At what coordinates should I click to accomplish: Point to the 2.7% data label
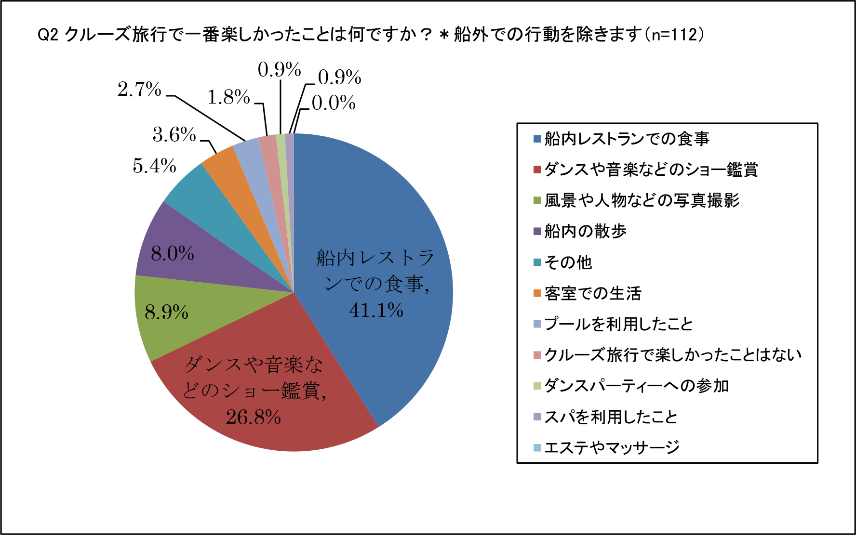pyautogui.click(x=139, y=90)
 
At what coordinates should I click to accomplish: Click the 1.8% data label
pyautogui.click(x=228, y=97)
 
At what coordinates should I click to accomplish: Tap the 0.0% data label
pyautogui.click(x=334, y=103)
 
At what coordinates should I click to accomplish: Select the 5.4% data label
pyautogui.click(x=154, y=166)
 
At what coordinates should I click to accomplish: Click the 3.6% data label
pyautogui.click(x=174, y=135)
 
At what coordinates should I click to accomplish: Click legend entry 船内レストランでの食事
pyautogui.click(x=627, y=139)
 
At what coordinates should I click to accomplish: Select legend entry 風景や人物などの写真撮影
pyautogui.click(x=642, y=200)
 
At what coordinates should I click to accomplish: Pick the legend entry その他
pyautogui.click(x=568, y=262)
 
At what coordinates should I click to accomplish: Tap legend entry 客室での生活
pyautogui.click(x=593, y=293)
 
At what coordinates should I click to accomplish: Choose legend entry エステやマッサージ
pyautogui.click(x=612, y=447)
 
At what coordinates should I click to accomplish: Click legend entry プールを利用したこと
pyautogui.click(x=618, y=324)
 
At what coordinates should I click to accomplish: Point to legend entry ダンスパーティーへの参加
pyautogui.click(x=636, y=386)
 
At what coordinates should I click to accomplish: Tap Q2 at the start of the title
pyautogui.click(x=48, y=35)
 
